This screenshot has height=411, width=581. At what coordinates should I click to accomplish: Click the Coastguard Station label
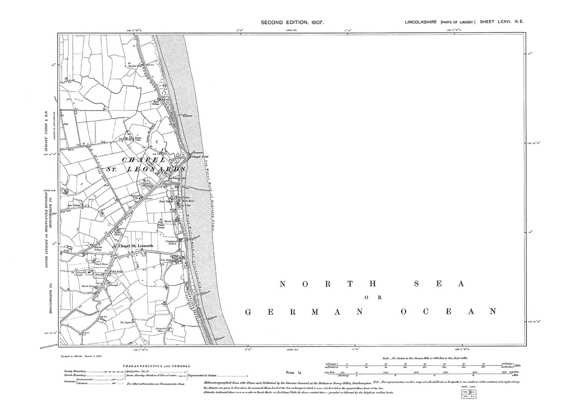tap(172, 242)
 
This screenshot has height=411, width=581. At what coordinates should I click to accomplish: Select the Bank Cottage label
tap(155, 103)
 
